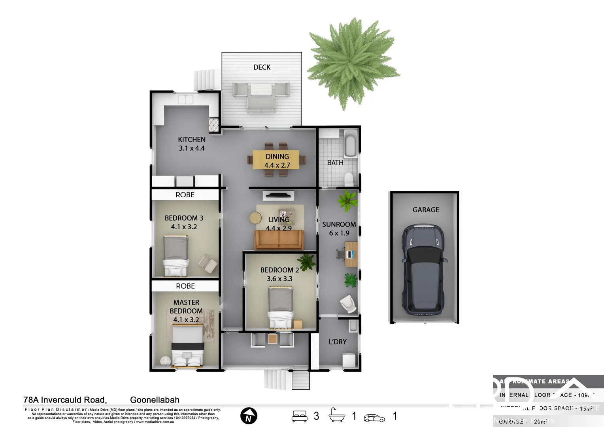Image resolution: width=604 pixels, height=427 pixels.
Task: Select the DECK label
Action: click(x=262, y=67)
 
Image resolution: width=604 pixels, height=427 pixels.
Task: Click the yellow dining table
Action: click(x=276, y=160)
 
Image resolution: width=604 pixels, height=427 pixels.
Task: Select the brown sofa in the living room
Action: click(x=279, y=240)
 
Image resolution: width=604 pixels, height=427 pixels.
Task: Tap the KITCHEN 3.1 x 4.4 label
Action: click(x=192, y=144)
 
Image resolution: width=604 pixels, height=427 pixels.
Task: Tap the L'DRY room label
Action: click(x=337, y=342)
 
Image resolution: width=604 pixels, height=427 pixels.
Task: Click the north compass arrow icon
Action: click(x=249, y=416)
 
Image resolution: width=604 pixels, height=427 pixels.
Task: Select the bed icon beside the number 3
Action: click(x=299, y=416)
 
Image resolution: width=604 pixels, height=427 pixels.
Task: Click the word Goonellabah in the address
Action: click(x=155, y=400)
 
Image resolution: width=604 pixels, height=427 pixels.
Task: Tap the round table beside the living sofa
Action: click(x=256, y=218)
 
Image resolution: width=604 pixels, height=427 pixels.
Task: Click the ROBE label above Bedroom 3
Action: click(x=185, y=195)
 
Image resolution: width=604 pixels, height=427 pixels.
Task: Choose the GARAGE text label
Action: click(x=426, y=210)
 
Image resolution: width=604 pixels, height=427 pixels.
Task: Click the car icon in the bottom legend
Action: click(x=374, y=418)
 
